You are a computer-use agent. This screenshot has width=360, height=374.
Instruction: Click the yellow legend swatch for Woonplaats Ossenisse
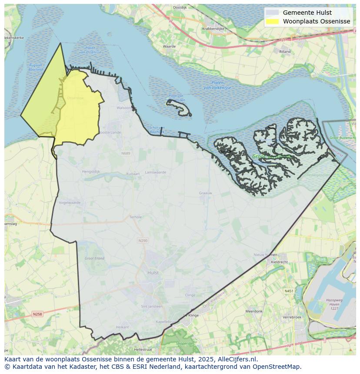point(273,21)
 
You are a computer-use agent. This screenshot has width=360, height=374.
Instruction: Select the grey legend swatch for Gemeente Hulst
point(273,13)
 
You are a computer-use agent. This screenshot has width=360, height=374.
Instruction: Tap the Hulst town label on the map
point(153,273)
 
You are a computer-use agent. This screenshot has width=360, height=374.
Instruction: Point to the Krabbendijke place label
point(213,29)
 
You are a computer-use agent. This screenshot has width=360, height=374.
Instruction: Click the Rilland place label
point(285,51)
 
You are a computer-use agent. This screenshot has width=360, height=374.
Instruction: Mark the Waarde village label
point(169,46)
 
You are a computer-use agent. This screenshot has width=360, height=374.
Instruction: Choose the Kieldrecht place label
point(279,262)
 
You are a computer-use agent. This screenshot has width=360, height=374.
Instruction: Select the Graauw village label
point(205,193)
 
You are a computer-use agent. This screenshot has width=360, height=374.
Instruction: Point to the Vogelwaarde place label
point(70,202)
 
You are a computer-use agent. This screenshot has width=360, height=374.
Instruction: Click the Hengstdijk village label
point(91,172)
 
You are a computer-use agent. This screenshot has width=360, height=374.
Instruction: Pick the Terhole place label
point(136,217)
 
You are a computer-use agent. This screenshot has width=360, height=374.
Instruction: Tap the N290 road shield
point(143,240)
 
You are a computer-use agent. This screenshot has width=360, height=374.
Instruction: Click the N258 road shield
point(38,314)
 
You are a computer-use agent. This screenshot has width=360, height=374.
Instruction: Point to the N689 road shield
point(126,153)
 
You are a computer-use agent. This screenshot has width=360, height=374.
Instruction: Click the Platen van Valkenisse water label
point(218,85)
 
